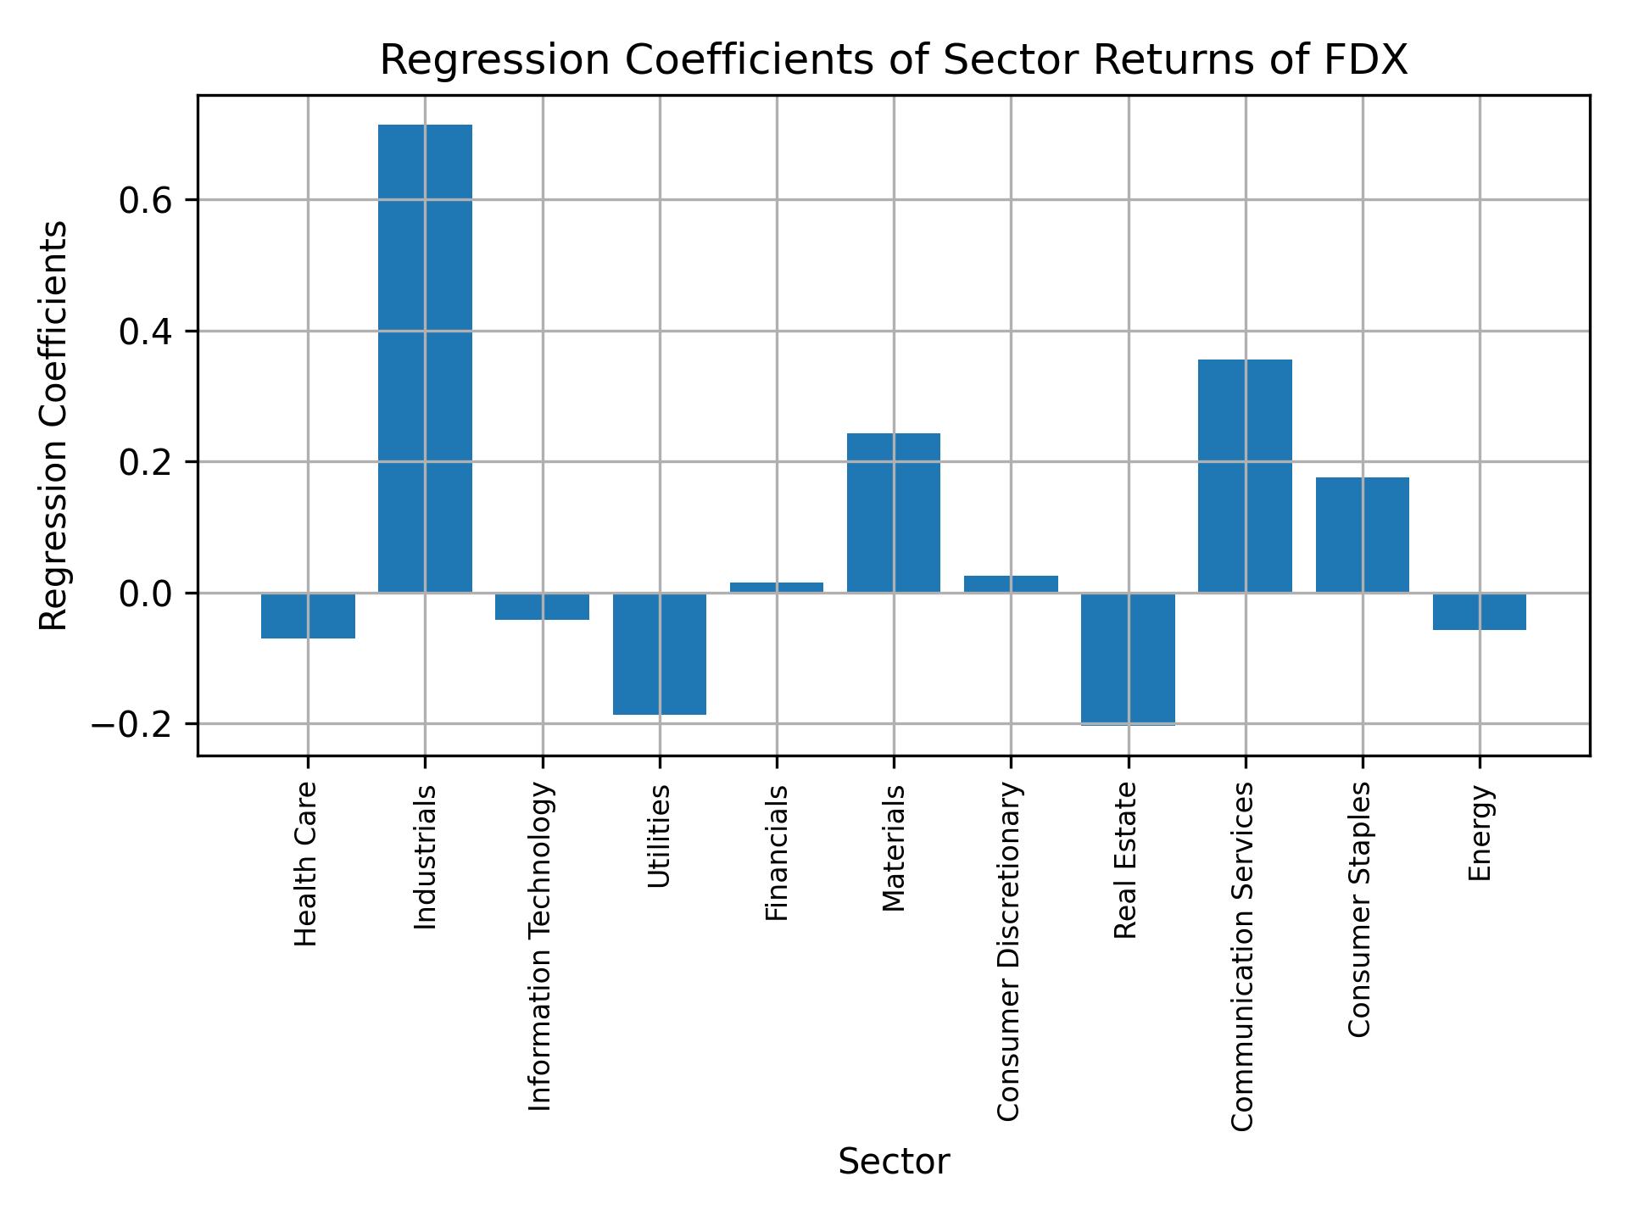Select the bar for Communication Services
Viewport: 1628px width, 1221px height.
coord(1245,476)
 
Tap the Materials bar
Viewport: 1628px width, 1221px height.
coord(894,512)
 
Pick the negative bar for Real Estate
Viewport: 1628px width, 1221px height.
coord(1128,659)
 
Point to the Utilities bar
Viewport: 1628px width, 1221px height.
coord(660,653)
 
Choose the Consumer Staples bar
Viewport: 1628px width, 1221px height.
coord(1362,534)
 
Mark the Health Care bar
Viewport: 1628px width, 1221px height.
coord(308,615)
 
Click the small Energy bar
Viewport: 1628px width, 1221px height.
coord(1480,610)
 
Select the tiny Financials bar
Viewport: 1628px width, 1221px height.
coord(777,587)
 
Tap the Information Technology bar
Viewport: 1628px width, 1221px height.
coord(543,605)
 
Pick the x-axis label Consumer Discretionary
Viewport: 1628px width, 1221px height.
coord(1008,952)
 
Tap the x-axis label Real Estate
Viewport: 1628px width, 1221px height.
coord(1125,860)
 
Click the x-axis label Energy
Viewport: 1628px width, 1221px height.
coord(1480,834)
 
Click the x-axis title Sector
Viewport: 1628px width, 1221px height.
coord(894,1161)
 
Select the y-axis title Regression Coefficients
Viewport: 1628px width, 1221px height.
coord(54,426)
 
